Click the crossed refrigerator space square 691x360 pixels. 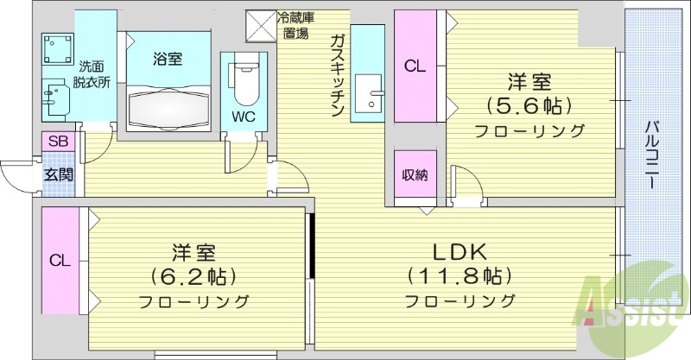(x=259, y=25)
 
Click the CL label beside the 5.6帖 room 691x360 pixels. (x=415, y=67)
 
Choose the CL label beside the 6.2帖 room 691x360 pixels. (x=60, y=260)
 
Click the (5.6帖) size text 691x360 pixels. (x=529, y=107)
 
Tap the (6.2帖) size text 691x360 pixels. (x=193, y=277)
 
